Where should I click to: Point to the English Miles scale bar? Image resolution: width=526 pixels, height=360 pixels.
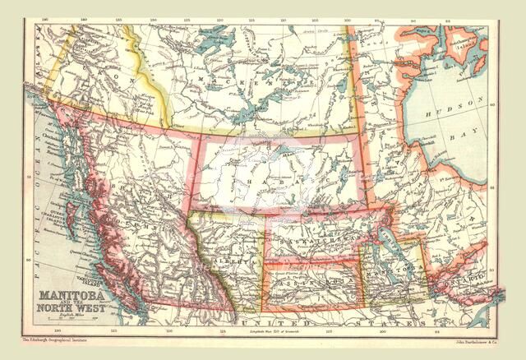[67, 320]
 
